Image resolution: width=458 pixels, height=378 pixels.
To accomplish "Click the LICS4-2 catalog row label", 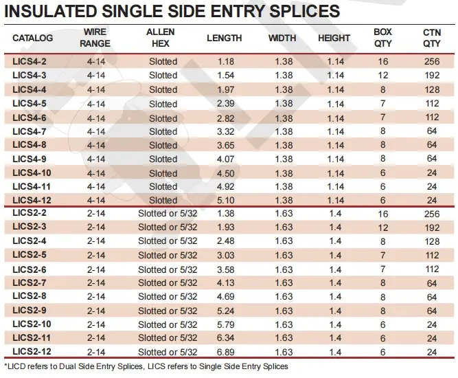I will pos(30,62).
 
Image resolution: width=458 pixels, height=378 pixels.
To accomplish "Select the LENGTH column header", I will pos(224,38).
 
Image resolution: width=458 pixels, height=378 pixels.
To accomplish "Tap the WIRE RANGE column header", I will pos(95,38).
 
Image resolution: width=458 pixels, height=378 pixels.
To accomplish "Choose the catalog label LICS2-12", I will pos(32,353).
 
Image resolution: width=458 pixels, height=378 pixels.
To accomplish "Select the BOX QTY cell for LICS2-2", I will pos(382,214).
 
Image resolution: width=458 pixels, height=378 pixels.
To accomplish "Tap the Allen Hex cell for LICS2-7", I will pos(167,283).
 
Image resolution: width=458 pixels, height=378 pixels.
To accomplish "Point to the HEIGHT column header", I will pos(334,38).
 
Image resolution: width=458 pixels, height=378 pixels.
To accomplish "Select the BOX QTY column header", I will pos(382,38).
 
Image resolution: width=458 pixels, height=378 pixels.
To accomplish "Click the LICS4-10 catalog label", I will pos(32,173).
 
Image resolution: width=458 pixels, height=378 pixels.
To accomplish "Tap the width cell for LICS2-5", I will pos(284,256).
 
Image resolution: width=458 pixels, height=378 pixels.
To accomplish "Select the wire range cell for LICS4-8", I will pos(95,145).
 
